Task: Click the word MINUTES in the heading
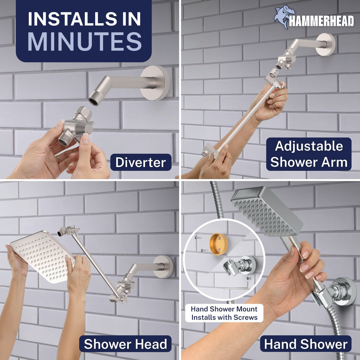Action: click(84, 42)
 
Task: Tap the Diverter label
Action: click(141, 162)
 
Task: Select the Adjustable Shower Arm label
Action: click(309, 154)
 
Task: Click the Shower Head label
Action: click(125, 344)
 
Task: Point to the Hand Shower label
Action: click(306, 344)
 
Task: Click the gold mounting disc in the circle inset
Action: click(218, 244)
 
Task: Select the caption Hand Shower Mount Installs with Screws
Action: click(224, 313)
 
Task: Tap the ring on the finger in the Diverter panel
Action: click(58, 159)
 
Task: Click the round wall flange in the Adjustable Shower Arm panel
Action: click(326, 45)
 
